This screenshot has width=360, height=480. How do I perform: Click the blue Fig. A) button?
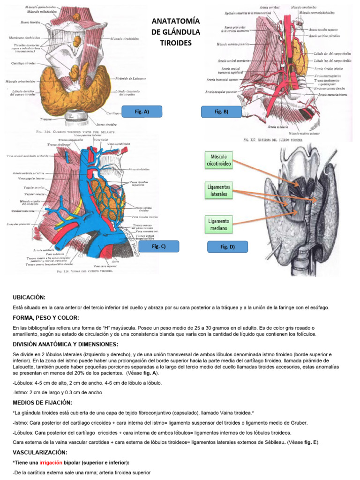142,111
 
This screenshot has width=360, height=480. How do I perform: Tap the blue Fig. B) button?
221,112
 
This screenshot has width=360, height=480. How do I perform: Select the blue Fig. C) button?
159,246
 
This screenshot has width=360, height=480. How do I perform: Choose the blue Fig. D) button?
227,247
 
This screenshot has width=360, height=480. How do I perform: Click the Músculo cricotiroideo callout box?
218,161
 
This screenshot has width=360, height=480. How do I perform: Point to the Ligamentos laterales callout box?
219,190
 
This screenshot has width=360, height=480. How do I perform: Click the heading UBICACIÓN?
29,297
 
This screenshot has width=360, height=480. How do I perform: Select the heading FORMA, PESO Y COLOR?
46,318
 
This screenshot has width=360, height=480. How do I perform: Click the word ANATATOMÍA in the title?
173,22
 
